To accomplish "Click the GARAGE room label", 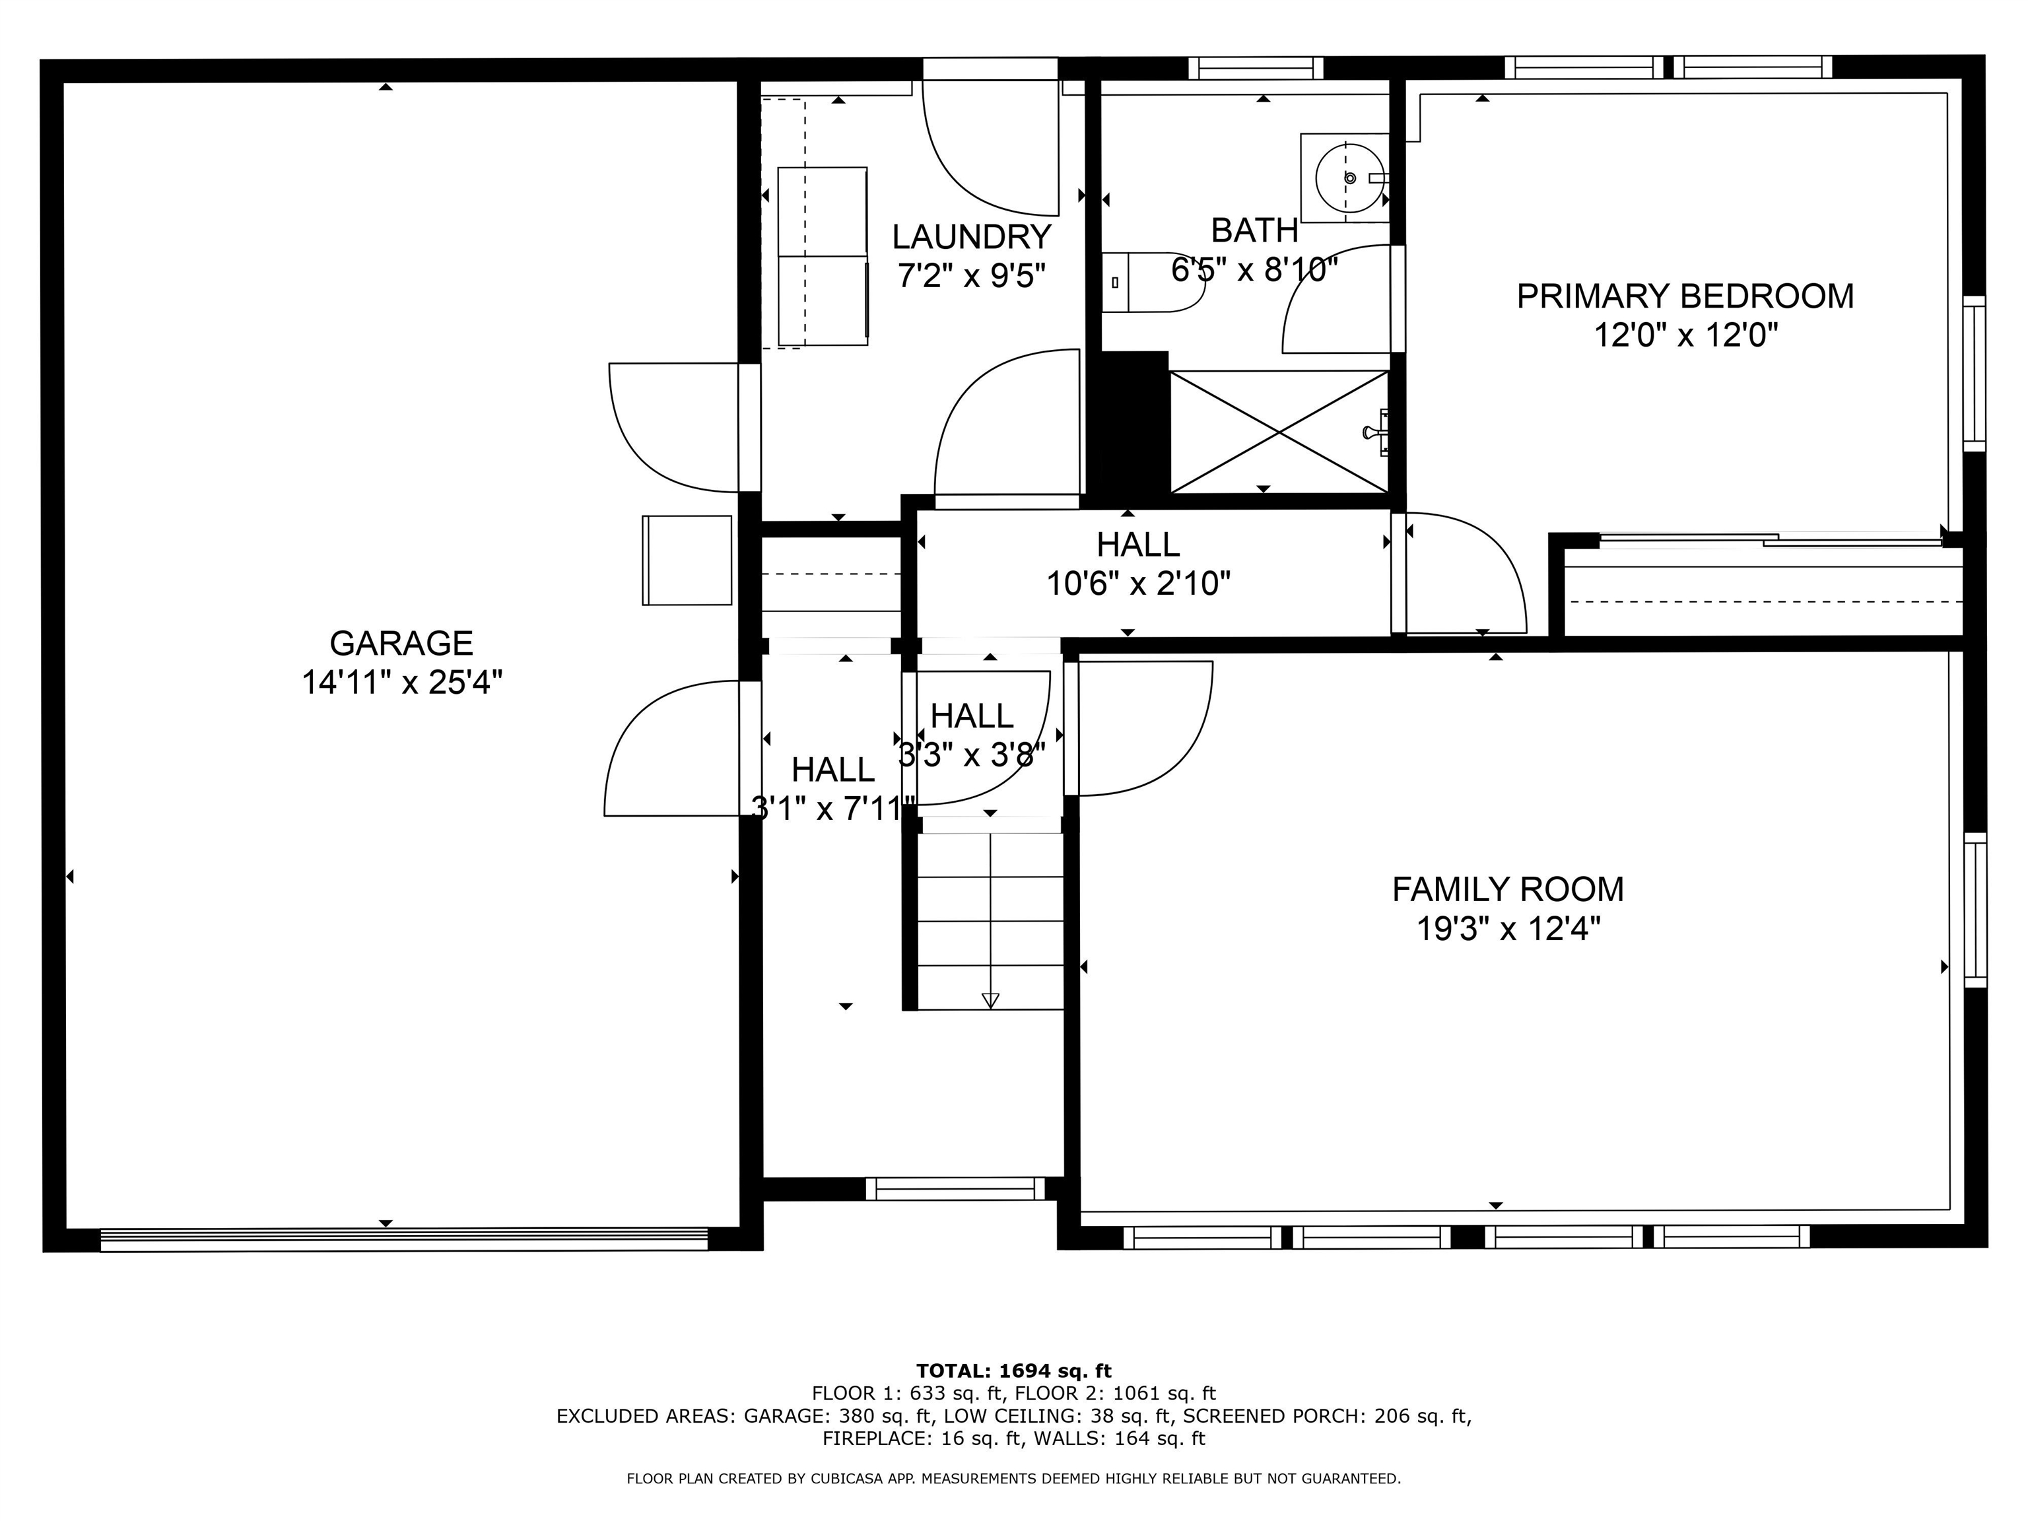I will coord(401,644).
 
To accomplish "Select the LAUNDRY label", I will coord(971,238).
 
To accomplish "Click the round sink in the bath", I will coord(1349,178).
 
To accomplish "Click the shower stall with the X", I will coord(1279,432).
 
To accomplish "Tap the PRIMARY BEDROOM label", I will coord(1684,296).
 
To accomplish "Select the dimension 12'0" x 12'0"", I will coord(1685,335).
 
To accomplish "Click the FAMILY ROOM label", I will coord(1507,889).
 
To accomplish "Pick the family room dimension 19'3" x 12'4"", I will coord(1508,929).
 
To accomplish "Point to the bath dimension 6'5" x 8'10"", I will coord(1254,269).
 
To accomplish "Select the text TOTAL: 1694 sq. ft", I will coord(1013,1370).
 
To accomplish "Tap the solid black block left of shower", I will coord(1135,424).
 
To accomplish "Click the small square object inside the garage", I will coord(687,559).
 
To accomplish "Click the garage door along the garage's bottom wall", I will coord(403,1240).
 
